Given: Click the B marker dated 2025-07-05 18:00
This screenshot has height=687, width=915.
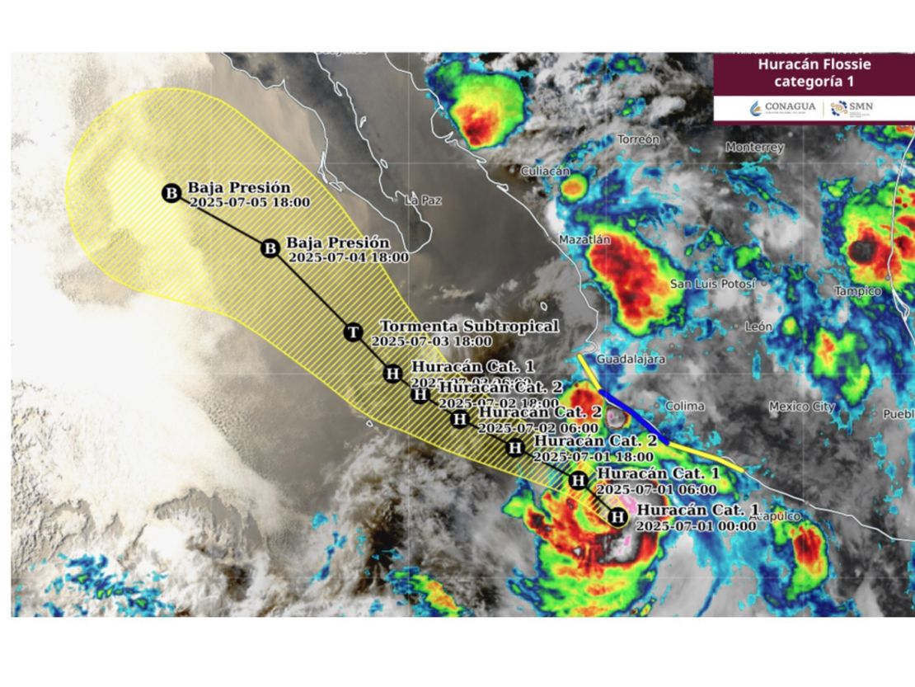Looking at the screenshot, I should pos(171,194).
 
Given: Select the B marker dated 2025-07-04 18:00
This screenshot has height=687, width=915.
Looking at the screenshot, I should pos(270,248).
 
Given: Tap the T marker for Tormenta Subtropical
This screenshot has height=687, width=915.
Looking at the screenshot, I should pos(353,332).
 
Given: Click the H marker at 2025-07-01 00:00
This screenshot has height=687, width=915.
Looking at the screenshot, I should pos(617,517).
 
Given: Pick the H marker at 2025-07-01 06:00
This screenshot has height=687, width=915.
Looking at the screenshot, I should pos(579,480).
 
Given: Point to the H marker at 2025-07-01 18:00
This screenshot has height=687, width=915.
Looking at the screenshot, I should pos(515,448).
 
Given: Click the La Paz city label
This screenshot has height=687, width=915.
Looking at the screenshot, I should pos(424,200).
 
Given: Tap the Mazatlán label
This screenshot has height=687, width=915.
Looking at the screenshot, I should pos(584,240).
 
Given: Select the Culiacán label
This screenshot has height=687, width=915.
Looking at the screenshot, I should pos(545,171).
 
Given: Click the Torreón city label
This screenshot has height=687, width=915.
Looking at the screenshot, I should pos(639,139).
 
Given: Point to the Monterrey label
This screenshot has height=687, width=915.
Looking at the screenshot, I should pos(754,148).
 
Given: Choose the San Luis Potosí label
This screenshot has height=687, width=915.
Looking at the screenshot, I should pos(712,284).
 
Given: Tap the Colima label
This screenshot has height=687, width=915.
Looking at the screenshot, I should pos(684,406).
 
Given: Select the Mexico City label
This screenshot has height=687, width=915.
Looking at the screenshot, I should pos(801,406).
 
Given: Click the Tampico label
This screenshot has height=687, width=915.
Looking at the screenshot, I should pos(857,291).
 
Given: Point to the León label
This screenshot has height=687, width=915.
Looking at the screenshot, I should pos(758,327).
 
